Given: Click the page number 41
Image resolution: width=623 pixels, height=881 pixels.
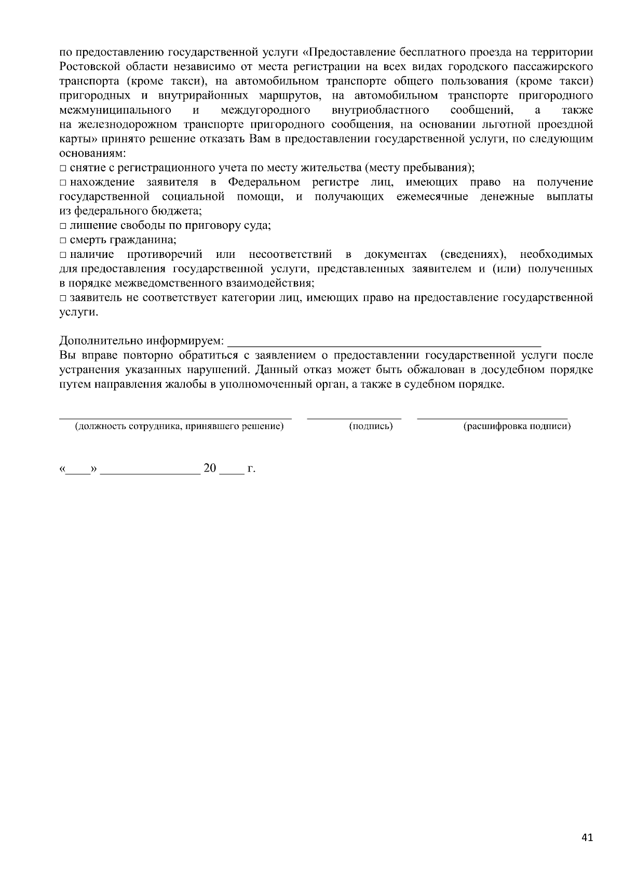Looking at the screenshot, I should point(587,838).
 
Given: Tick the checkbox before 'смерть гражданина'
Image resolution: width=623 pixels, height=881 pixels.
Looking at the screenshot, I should point(63,241).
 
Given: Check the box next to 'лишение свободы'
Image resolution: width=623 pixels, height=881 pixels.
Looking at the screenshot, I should point(63,226).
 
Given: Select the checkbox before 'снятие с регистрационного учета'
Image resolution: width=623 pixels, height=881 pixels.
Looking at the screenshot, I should point(63,169).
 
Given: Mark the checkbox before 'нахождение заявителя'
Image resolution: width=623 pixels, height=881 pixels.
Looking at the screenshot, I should point(63,183).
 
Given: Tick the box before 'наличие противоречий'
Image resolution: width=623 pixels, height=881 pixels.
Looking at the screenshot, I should point(63,255).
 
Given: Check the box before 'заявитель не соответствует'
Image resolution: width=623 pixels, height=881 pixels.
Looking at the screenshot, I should point(63,298).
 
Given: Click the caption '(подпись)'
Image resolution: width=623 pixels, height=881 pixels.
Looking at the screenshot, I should point(371,426).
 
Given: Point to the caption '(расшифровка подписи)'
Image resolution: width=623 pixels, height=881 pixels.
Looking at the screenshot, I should point(517,426).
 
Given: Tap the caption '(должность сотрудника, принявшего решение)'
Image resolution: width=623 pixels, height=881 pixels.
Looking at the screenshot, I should point(179,426).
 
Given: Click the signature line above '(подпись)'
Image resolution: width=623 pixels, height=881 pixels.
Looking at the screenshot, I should point(354,417).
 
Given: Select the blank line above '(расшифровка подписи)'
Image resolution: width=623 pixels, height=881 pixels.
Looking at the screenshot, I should point(492,417).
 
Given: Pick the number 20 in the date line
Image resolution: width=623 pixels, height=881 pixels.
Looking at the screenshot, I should point(210,469).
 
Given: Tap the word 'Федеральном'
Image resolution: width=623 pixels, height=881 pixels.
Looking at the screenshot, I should point(264,183).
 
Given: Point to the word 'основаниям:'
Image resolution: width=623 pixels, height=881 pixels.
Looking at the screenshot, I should point(92,154).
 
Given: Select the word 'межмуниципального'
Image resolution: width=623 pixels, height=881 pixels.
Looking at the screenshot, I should point(115,111).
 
